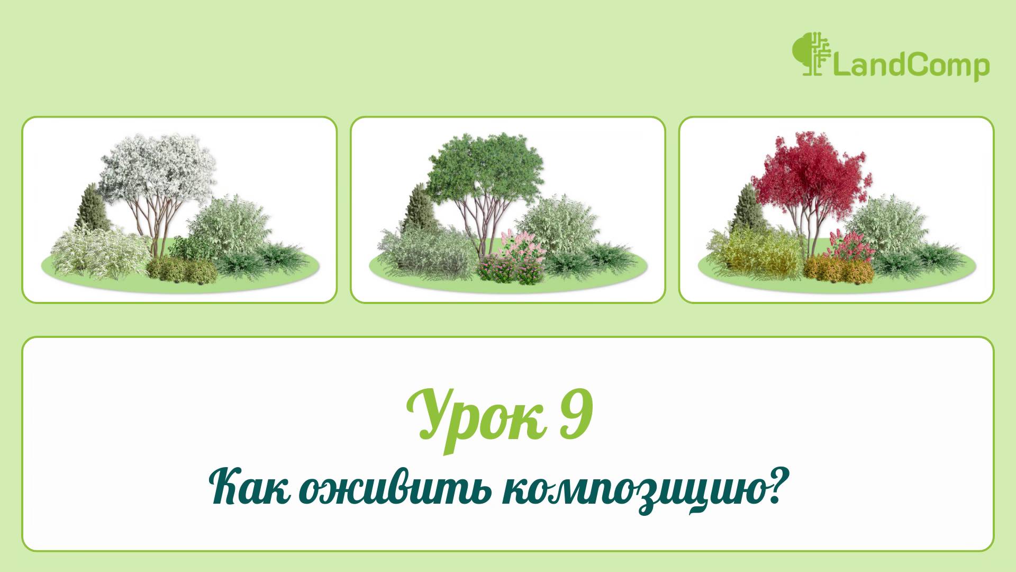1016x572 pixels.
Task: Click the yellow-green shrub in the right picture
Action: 757,254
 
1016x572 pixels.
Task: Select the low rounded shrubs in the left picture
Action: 183,270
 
